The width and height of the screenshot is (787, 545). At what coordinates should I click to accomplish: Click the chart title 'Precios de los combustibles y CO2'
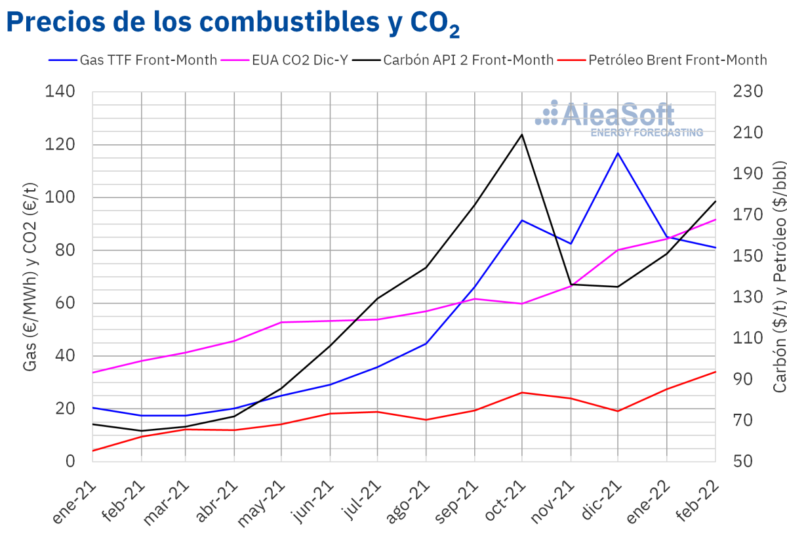[x=233, y=23]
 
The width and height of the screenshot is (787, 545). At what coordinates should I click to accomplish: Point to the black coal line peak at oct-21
[x=522, y=134]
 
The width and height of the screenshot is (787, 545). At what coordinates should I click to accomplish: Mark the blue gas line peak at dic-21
[x=618, y=153]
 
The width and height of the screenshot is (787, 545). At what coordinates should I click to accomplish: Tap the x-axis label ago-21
[x=408, y=505]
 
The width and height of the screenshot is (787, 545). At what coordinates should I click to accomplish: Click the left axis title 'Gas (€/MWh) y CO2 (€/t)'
[x=30, y=275]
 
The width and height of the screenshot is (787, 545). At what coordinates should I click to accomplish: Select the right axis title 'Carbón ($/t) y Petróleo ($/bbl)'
[x=779, y=275]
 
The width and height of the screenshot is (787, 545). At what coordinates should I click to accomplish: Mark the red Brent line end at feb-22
[x=715, y=372]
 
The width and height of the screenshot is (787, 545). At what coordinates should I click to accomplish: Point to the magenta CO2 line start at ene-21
[x=93, y=373]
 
